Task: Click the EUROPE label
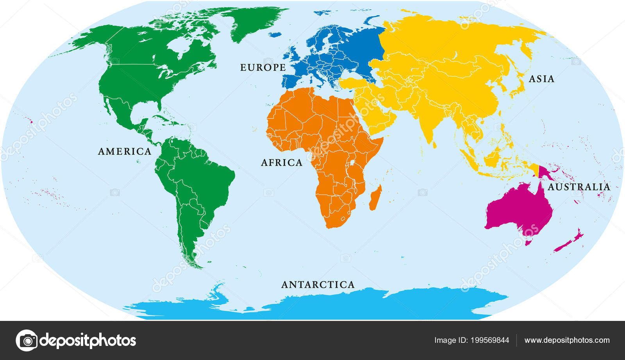tap(263, 68)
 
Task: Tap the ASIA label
tap(541, 79)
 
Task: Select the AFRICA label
tap(282, 163)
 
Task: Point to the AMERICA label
tap(125, 152)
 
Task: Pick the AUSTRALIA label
tap(579, 187)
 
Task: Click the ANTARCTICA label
tap(318, 285)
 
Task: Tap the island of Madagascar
tap(375, 198)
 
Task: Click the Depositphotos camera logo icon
tap(27, 340)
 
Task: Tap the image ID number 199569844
tap(490, 340)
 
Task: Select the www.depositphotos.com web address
tap(567, 340)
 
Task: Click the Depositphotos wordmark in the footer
tap(88, 340)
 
